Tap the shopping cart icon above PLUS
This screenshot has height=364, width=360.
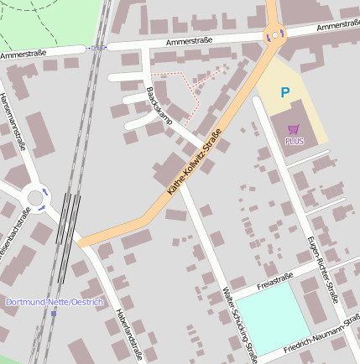pos(293,129)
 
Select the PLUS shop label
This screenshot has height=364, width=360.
pos(294,141)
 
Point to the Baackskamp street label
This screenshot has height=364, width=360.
pos(158,105)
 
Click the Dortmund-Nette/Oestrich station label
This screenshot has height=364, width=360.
pos(54,301)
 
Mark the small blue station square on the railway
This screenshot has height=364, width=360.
pos(54,315)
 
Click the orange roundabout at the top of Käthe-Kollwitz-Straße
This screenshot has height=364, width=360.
pos(274,34)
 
